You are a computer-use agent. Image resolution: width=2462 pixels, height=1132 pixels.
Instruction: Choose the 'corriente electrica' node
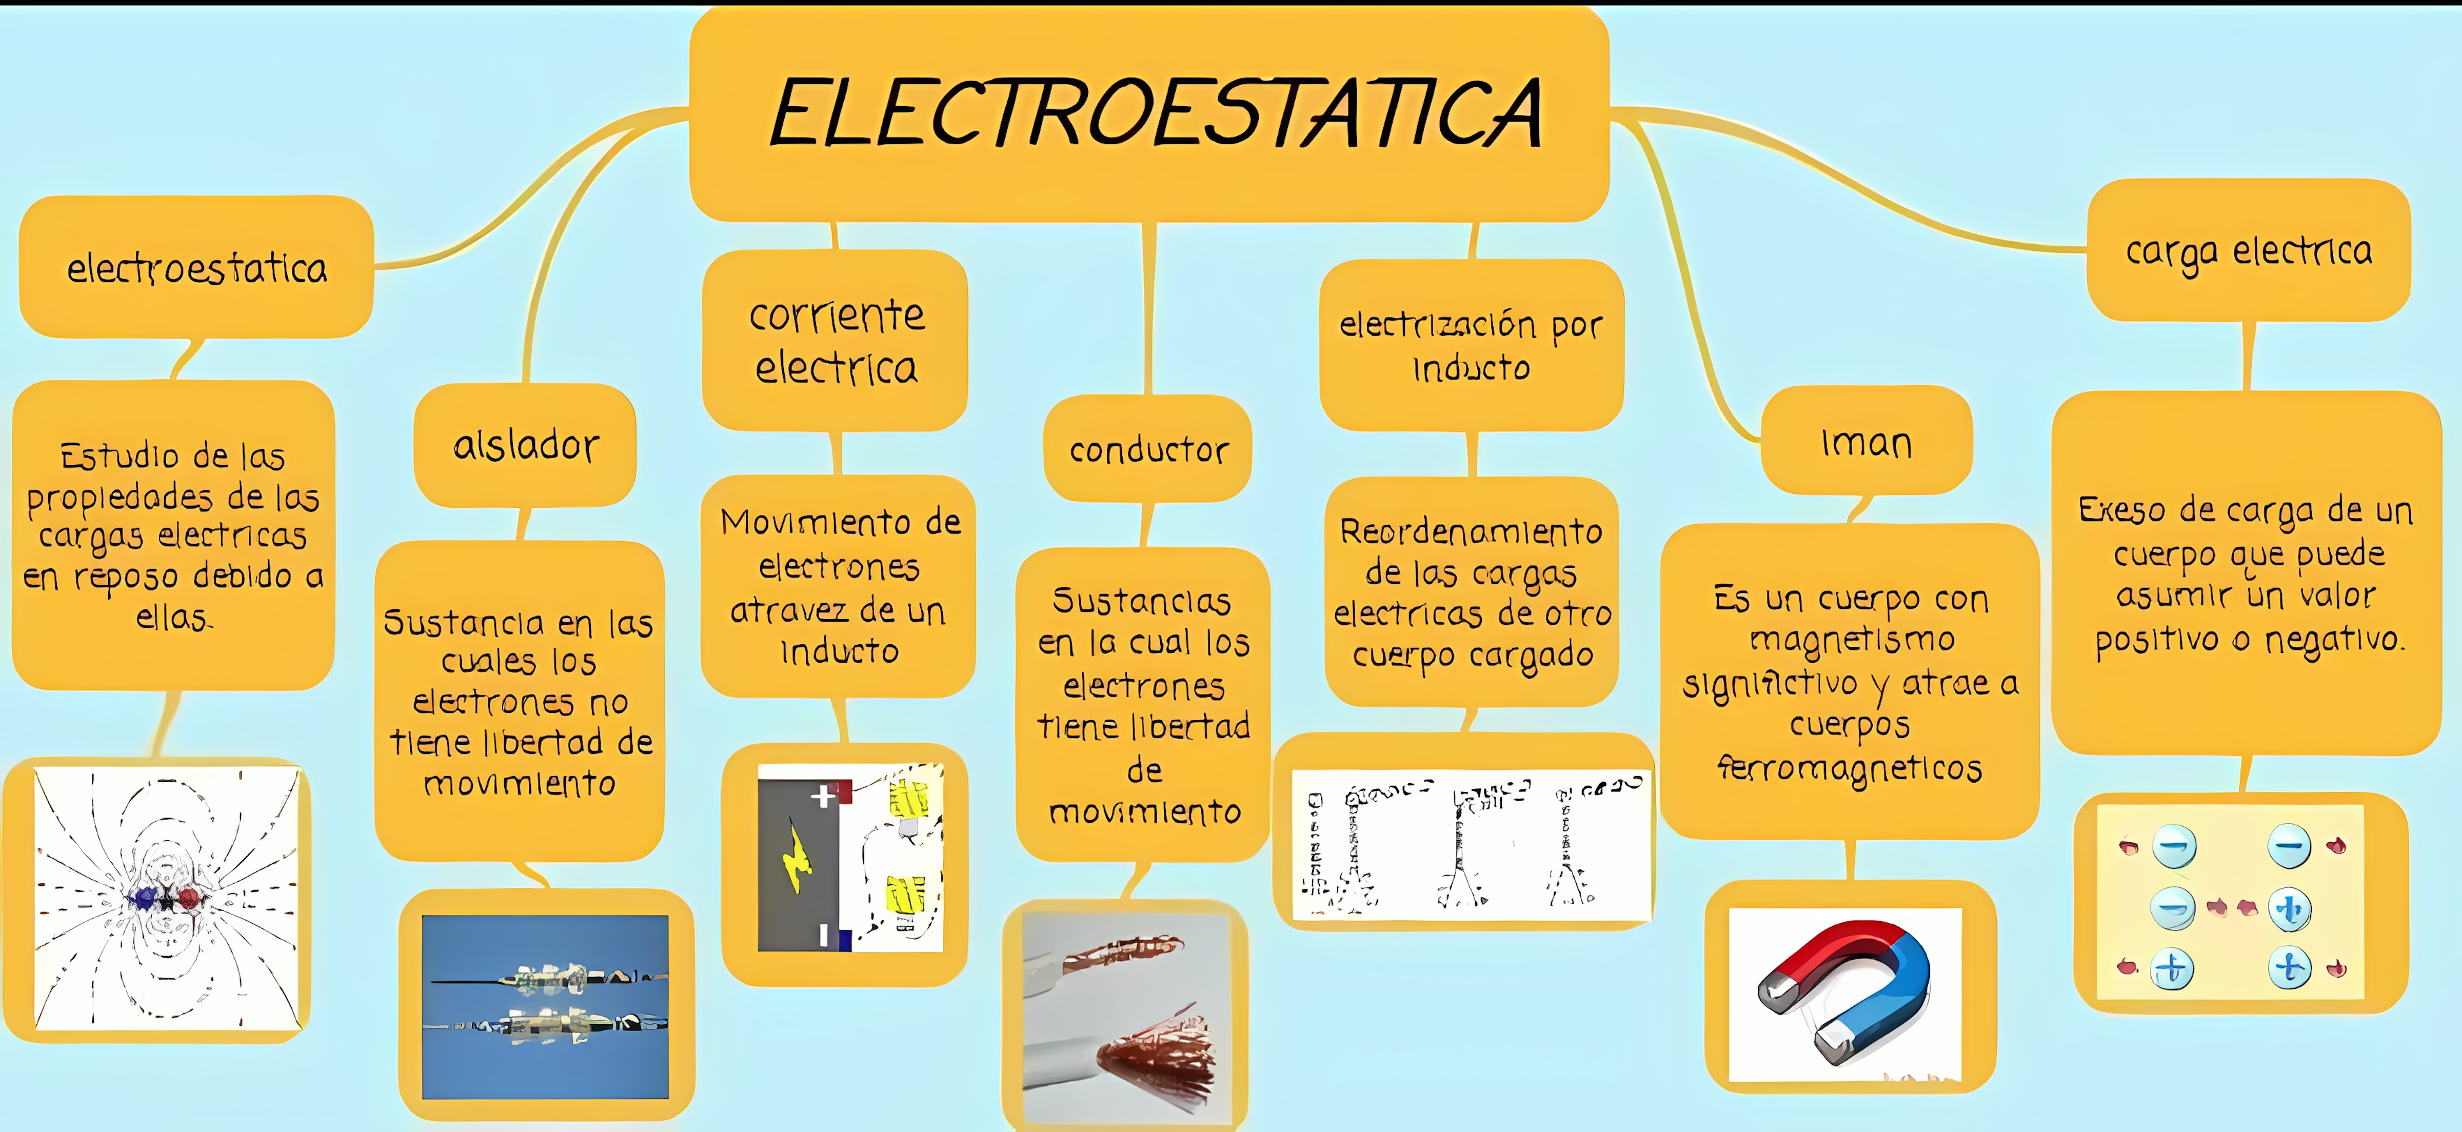[836, 341]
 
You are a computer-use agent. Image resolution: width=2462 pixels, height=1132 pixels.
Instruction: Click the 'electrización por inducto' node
[1471, 345]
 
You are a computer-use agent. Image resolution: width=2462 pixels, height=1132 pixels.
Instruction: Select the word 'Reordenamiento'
[1471, 531]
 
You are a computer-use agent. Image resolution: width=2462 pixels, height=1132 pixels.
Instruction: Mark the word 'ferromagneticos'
[1850, 768]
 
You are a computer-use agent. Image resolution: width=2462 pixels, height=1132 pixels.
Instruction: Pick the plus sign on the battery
[822, 797]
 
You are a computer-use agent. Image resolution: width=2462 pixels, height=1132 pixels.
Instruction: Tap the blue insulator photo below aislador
[545, 1007]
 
